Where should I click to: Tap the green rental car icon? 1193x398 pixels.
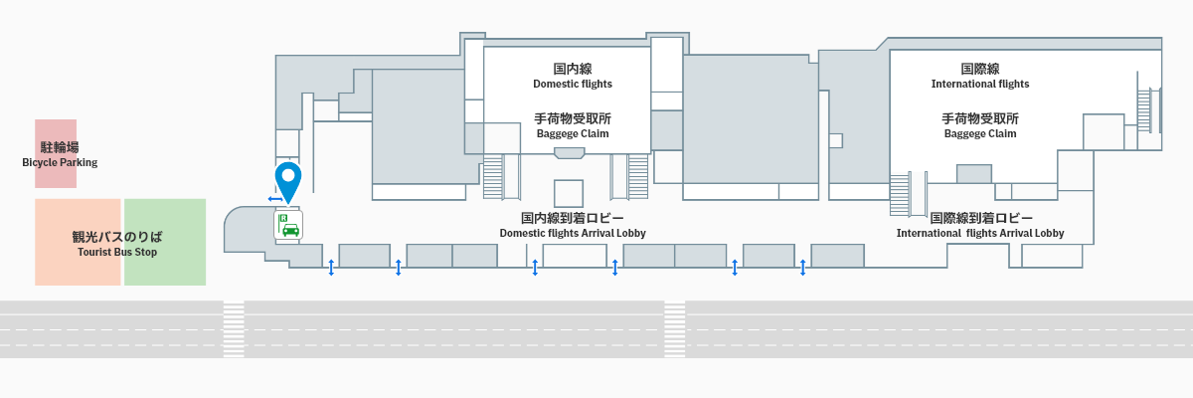(288, 226)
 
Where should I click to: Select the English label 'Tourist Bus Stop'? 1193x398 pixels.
(117, 253)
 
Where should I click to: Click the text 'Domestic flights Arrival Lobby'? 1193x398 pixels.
(572, 234)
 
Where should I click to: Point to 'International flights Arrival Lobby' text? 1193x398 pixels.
(980, 234)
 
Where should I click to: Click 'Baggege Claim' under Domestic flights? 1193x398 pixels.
(572, 133)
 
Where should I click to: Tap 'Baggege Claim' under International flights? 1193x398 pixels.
(980, 133)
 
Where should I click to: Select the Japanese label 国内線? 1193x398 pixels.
(573, 69)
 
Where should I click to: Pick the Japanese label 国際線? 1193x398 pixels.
(980, 69)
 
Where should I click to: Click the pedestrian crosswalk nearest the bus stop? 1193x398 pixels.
(234, 329)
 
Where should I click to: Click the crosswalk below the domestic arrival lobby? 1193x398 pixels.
(675, 329)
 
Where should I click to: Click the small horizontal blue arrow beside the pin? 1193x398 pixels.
(274, 200)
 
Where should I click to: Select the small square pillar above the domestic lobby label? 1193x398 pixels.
(568, 193)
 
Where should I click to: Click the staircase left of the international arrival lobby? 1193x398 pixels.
(900, 193)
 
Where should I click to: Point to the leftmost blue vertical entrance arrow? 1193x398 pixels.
(331, 267)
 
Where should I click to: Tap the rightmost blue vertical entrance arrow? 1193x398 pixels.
(802, 267)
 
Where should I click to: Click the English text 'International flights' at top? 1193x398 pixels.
(980, 85)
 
